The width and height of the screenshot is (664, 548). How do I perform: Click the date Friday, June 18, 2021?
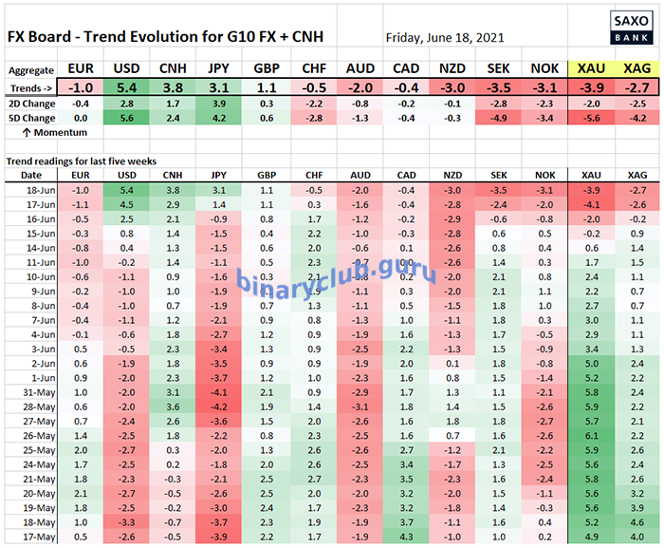[445, 38]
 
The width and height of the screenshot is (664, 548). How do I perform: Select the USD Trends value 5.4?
[126, 87]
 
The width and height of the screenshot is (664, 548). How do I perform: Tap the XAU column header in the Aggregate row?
[589, 69]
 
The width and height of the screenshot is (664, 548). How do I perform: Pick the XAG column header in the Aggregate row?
[636, 69]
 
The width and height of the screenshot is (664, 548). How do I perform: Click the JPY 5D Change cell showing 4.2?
[219, 118]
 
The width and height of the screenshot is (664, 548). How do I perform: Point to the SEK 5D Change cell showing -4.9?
[496, 118]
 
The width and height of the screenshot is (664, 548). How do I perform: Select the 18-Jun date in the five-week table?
[31, 190]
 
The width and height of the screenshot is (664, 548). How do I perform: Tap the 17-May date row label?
[31, 538]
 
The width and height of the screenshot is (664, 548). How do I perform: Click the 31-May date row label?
[31, 392]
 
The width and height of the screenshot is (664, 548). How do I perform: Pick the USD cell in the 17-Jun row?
[126, 204]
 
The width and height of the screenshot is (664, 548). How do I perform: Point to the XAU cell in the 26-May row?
[589, 436]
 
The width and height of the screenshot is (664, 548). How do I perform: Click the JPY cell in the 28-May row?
[219, 407]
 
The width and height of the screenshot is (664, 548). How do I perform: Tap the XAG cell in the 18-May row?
[636, 523]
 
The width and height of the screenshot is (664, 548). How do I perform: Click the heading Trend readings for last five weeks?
[84, 161]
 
